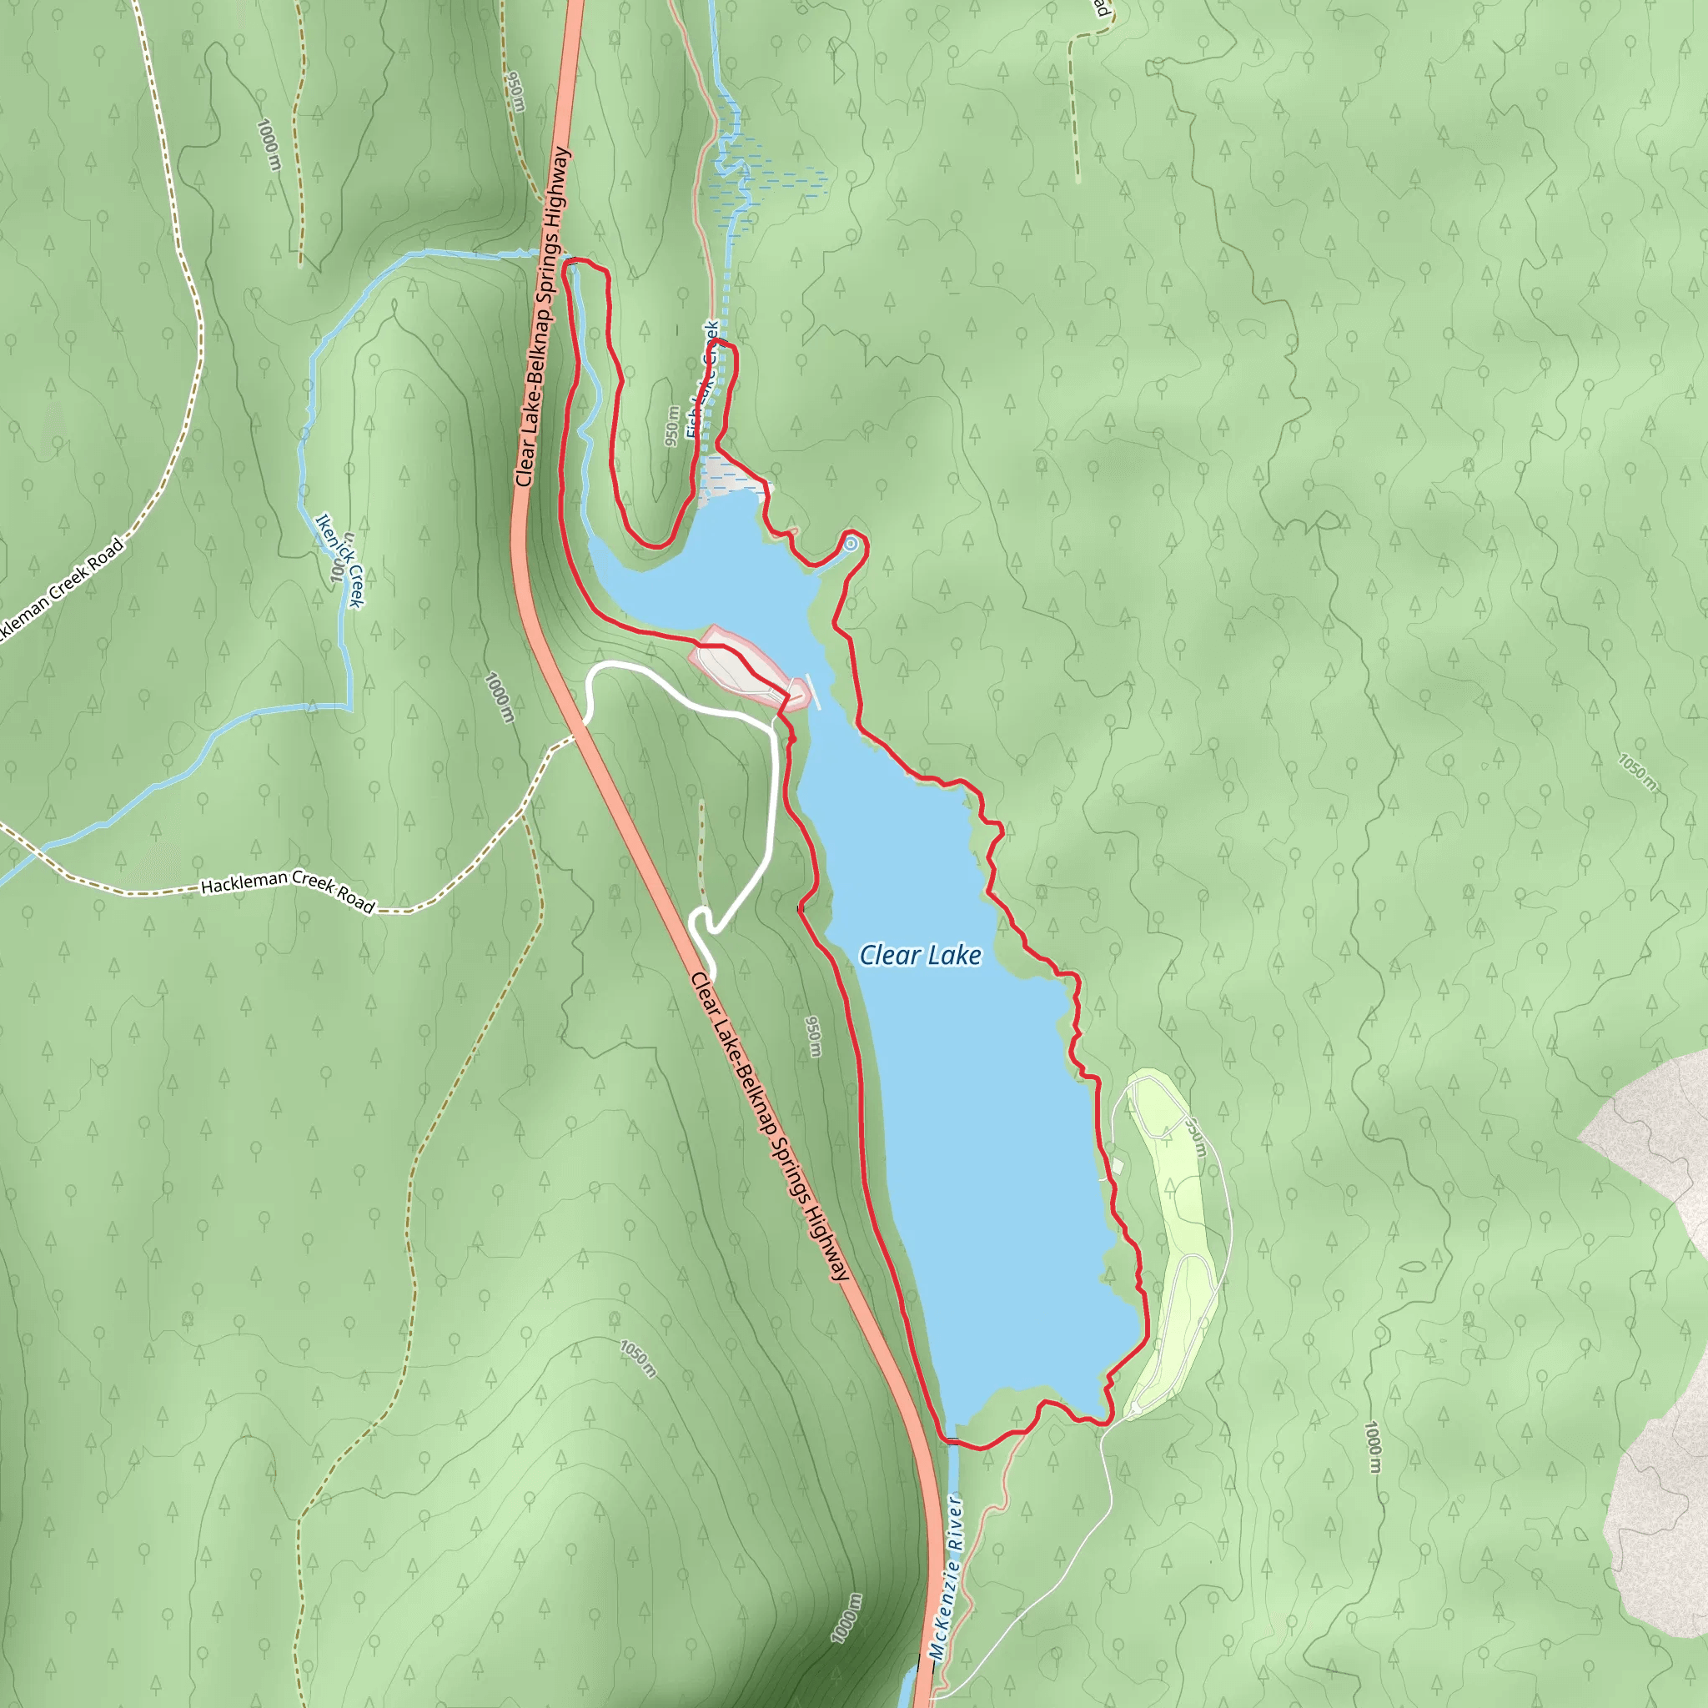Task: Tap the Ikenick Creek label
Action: point(339,560)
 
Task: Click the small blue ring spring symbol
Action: point(851,544)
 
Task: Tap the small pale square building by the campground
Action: point(1118,1167)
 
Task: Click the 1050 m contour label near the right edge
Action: point(1637,772)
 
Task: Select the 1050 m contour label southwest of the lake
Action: point(638,1358)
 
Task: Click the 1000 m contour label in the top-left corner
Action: point(269,144)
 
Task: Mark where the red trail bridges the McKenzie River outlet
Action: point(952,1441)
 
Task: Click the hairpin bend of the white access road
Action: point(698,919)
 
